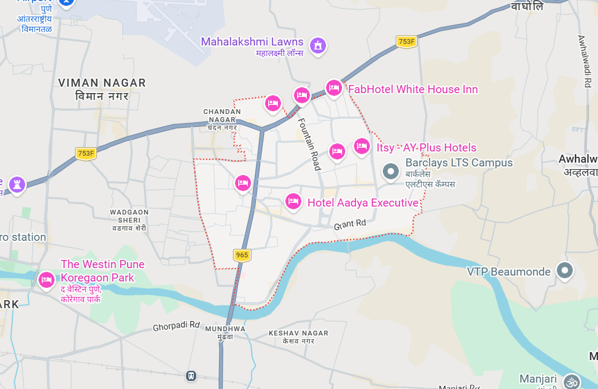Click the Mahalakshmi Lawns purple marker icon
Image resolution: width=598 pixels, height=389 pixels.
pos(318,45)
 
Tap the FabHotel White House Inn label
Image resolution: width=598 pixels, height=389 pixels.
pos(413,89)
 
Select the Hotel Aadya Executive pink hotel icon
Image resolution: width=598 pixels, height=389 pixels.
pos(292,202)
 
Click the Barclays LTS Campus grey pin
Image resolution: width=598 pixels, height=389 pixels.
pos(391,172)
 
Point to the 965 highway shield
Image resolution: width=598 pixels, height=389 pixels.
pos(242,255)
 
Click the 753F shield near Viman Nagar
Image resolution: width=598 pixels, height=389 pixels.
pos(85,154)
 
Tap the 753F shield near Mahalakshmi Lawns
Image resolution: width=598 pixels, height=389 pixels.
pos(407,41)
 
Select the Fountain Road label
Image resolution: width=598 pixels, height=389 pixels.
pos(309,144)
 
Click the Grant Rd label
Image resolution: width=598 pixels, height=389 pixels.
pos(350,225)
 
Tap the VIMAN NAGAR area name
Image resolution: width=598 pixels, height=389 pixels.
pos(102,83)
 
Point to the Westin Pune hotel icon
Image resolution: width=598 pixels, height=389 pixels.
pos(47,280)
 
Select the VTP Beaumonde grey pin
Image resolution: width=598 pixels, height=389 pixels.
pos(564,271)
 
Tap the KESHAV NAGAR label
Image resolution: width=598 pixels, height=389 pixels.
pos(298,333)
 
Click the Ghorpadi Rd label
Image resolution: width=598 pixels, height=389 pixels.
pos(176,326)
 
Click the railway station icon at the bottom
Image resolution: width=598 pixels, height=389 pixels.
pos(191,376)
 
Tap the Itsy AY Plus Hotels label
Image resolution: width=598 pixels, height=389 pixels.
pos(426,148)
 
